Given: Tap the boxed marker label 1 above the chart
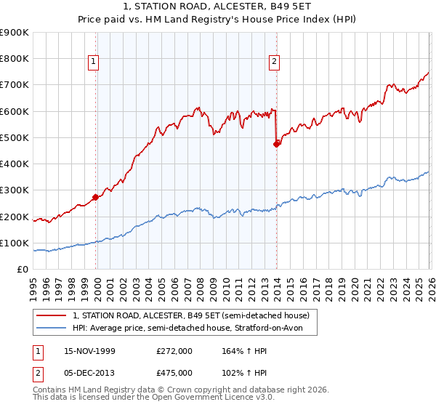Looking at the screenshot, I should (x=94, y=63).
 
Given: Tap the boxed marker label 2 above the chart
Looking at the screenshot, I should (x=274, y=63).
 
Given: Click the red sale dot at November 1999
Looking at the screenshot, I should (x=96, y=197).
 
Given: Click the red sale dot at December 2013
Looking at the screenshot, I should (x=276, y=144).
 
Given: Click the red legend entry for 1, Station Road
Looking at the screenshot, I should (x=191, y=315).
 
